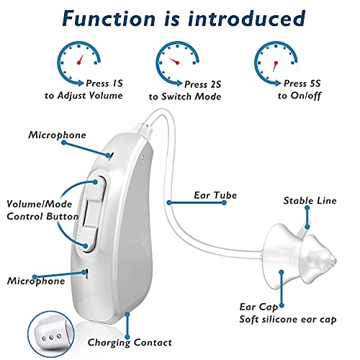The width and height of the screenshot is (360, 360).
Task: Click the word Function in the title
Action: [109, 19]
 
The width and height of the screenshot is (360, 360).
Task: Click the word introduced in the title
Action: [247, 19]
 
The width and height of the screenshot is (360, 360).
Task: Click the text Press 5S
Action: [302, 84]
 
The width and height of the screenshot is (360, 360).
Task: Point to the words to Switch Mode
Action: [185, 96]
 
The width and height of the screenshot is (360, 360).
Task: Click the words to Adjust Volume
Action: [84, 96]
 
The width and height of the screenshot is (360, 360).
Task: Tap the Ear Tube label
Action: [215, 195]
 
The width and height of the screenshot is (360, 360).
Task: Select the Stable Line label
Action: [310, 201]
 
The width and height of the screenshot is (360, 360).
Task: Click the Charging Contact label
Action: [130, 343]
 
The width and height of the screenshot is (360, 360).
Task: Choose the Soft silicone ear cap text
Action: [288, 320]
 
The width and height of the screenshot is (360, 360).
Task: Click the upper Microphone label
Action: [57, 135]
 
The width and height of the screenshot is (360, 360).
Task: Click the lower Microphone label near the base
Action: [36, 281]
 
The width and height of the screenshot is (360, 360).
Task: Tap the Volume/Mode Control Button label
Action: [42, 210]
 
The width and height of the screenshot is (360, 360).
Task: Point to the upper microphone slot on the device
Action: [111, 156]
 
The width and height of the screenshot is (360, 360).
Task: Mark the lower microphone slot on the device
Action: [86, 274]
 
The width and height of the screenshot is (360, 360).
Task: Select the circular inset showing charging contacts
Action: [51, 334]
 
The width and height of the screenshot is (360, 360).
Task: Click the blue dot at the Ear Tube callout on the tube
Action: [169, 203]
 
